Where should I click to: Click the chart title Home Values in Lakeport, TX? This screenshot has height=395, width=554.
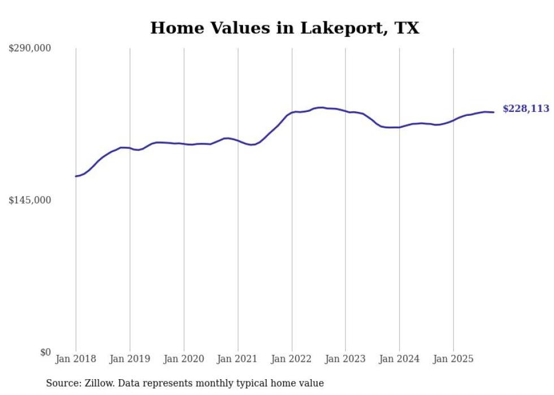(x=284, y=28)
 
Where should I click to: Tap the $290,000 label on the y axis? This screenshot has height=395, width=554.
(x=29, y=49)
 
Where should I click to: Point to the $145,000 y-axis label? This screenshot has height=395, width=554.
(x=29, y=200)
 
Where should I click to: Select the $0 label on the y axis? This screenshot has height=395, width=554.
(x=45, y=352)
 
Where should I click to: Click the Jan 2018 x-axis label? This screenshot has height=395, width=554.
(x=76, y=359)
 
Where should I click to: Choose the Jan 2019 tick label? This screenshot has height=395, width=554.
(x=129, y=359)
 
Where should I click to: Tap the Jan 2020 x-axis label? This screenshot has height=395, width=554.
(x=184, y=359)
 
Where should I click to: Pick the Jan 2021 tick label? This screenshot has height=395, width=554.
(x=237, y=359)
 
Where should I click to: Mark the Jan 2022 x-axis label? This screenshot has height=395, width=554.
(x=292, y=359)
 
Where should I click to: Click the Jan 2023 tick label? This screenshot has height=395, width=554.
(x=345, y=359)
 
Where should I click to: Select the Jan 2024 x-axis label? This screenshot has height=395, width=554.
(x=399, y=359)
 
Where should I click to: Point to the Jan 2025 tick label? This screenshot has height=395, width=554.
(x=453, y=359)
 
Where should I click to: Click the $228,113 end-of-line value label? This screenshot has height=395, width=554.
(x=526, y=109)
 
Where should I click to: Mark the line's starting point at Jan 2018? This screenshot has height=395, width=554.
(x=76, y=176)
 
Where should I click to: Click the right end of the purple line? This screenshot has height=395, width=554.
(x=494, y=112)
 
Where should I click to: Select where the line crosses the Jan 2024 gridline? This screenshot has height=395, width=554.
(x=399, y=127)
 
